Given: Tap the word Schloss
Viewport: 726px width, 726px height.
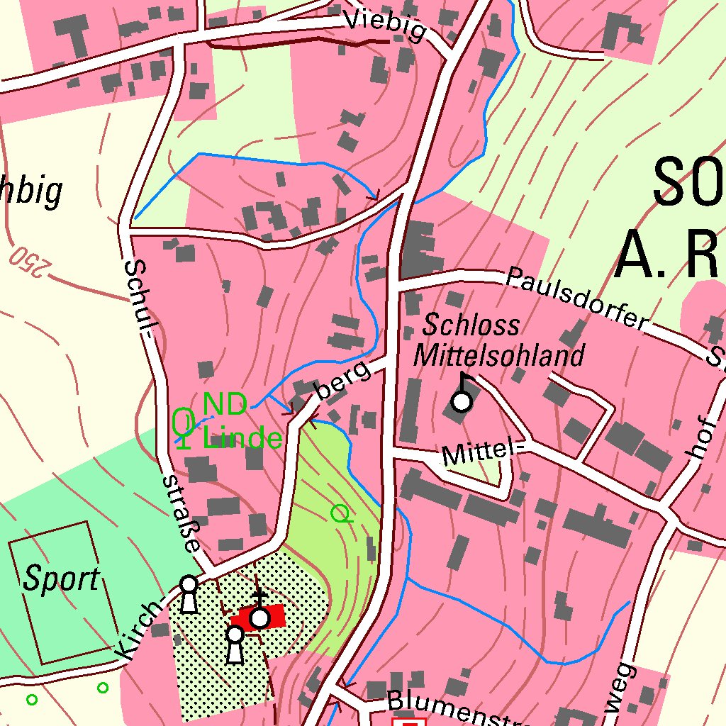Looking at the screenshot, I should pos(471,325).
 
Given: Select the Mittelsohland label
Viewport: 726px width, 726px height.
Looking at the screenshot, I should pos(500,354).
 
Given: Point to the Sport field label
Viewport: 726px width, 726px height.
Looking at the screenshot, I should pos(61,579).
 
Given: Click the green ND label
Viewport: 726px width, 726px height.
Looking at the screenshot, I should pos(225,406).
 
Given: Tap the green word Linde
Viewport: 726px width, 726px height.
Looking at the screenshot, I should pos(242,437).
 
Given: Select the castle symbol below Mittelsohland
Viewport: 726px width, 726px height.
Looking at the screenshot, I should pos(462,401).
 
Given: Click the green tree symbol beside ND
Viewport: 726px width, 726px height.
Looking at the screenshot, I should pos(184,425).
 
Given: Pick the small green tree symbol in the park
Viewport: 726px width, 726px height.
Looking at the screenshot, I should pos(341,513).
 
